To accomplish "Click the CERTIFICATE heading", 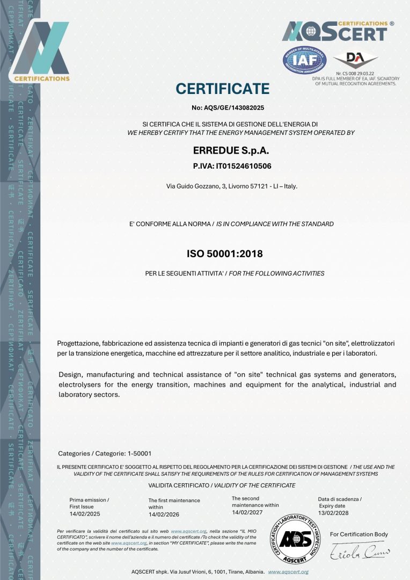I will (x=222, y=89).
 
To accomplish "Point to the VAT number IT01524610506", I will (x=232, y=166).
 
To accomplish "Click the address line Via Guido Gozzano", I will (x=232, y=186).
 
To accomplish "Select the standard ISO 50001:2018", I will (x=224, y=253).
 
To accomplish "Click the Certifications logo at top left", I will (x=41, y=51).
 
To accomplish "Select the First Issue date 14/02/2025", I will (x=85, y=514).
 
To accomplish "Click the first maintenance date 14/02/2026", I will (x=164, y=514).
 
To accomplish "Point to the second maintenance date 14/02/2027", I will (x=247, y=512).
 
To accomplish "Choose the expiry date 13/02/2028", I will (x=333, y=513).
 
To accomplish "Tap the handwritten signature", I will (x=359, y=550).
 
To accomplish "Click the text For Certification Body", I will (x=358, y=534).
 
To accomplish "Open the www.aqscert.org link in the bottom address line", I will (x=288, y=572).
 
